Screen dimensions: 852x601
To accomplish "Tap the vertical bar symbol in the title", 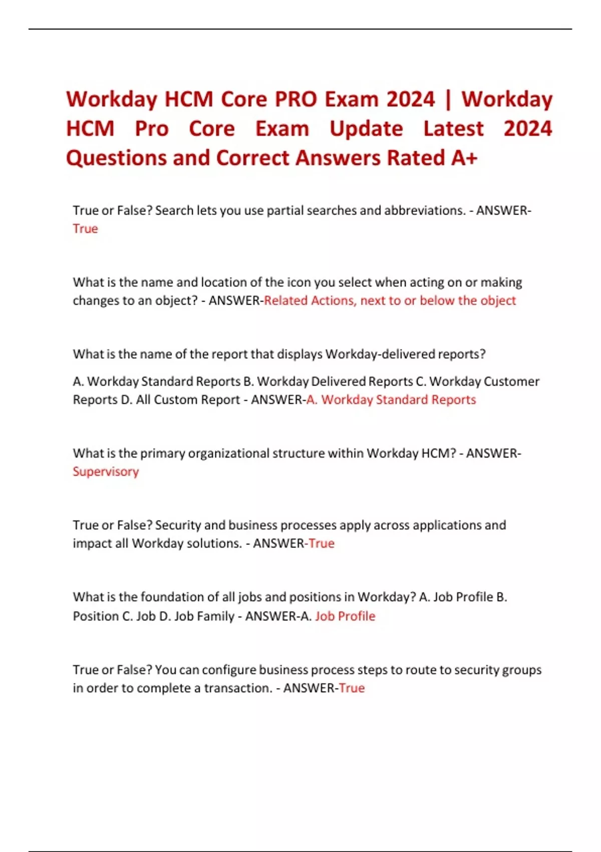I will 448,99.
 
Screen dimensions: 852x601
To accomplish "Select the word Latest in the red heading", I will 453,129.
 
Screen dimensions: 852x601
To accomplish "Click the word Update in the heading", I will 366,129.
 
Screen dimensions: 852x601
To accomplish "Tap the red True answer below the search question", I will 85,229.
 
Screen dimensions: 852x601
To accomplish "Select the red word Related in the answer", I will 285,300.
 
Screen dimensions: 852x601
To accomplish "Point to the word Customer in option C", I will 511,381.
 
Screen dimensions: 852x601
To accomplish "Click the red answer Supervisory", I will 106,472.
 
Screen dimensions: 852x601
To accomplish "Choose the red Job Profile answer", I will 345,616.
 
